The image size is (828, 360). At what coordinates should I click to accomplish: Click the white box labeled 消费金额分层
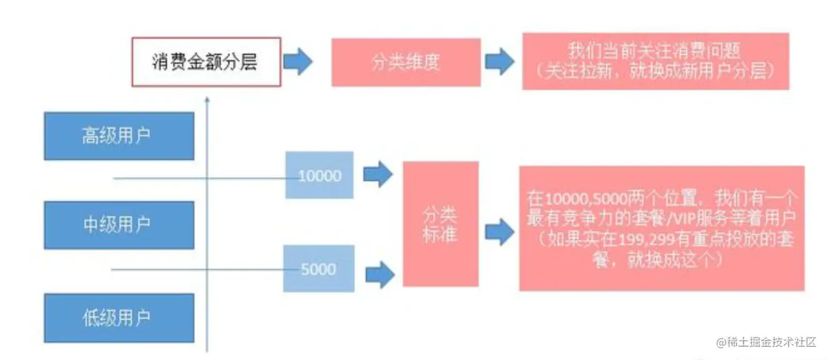tap(206, 62)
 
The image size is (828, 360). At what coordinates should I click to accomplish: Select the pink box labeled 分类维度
tap(405, 62)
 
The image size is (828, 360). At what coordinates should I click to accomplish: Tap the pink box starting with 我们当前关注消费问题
tap(655, 61)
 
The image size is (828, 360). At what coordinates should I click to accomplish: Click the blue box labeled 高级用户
tap(119, 136)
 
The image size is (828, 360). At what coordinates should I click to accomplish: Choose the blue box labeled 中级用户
tap(119, 225)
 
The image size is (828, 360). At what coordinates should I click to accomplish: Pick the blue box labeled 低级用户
tap(119, 317)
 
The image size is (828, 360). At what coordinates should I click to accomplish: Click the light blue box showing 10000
tap(320, 176)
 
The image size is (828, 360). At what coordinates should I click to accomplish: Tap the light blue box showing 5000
tap(318, 269)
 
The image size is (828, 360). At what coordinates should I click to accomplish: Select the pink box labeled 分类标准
tap(440, 224)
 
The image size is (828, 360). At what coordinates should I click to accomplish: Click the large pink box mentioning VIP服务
tap(661, 228)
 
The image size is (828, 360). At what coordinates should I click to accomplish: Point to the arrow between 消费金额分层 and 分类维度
tap(298, 62)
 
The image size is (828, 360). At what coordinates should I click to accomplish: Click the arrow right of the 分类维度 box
tap(500, 62)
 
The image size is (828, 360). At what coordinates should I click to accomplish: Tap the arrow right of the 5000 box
tap(379, 273)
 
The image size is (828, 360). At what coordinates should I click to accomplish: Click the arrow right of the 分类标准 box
tap(499, 232)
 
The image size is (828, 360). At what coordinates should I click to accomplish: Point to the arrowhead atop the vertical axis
tap(207, 99)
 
